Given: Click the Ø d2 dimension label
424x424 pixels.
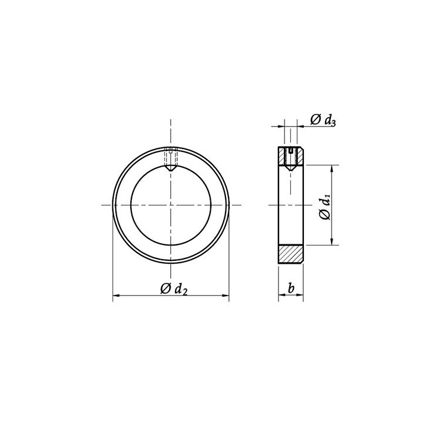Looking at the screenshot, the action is point(174,289).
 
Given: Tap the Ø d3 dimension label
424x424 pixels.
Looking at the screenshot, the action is point(323,120).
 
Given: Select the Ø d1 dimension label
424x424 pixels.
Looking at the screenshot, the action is point(325,207).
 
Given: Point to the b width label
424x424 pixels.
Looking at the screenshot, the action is point(291,288).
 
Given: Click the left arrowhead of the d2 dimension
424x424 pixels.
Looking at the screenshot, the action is point(116,296).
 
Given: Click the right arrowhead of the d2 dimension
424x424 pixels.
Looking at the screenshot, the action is point(226,296).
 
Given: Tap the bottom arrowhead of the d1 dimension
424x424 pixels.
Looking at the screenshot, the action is point(332,241).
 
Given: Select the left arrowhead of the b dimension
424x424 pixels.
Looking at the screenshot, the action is point(281,295).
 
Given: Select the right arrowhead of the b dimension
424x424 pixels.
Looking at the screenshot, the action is point(300,295).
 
